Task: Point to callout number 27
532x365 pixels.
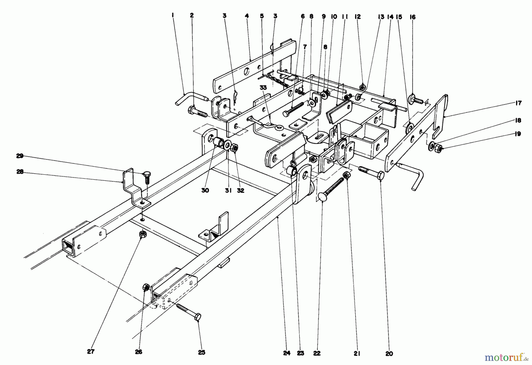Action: click(91, 352)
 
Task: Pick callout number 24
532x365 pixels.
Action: click(287, 353)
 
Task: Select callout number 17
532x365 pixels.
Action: click(518, 103)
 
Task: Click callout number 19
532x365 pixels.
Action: click(518, 134)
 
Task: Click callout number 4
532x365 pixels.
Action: click(247, 16)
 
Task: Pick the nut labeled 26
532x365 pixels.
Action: click(146, 287)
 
